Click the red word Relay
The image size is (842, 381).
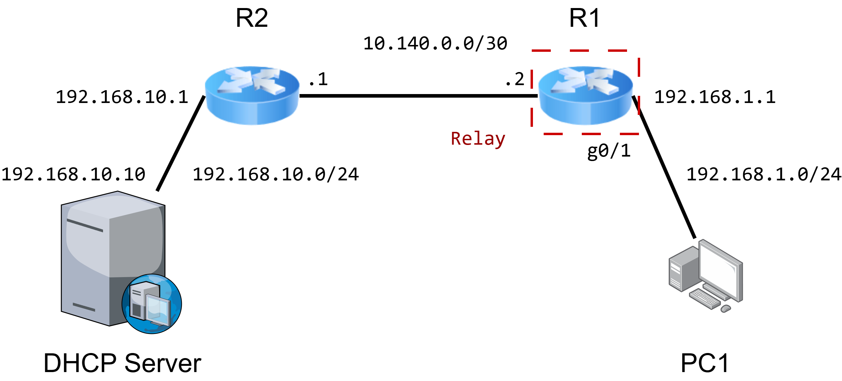point(478,138)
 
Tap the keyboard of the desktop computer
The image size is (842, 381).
point(704,299)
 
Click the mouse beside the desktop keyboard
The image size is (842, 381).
point(726,308)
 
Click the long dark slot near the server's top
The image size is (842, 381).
point(85,225)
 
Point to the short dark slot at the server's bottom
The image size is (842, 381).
point(84,307)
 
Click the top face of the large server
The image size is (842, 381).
point(114,204)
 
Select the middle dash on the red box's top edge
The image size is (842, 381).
point(579,51)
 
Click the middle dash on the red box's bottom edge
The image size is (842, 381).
point(591,134)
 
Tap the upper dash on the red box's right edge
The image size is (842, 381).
point(639,67)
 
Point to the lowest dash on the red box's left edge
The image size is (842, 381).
point(532,117)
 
